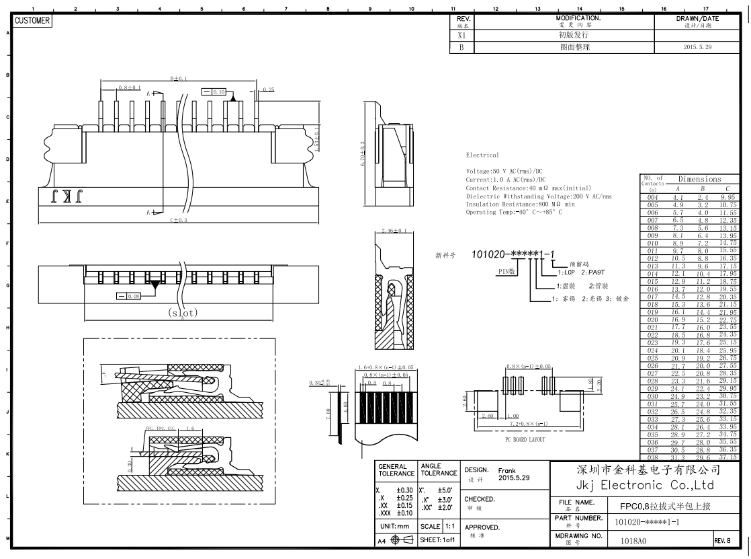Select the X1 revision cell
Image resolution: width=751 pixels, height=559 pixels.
[461, 35]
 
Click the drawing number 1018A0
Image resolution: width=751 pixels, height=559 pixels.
[633, 540]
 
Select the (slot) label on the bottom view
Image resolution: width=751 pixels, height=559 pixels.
[183, 313]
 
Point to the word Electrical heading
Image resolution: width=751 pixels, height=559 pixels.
[482, 155]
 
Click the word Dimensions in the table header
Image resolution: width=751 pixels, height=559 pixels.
[699, 179]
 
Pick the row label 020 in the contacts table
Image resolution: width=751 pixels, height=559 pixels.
[652, 320]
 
